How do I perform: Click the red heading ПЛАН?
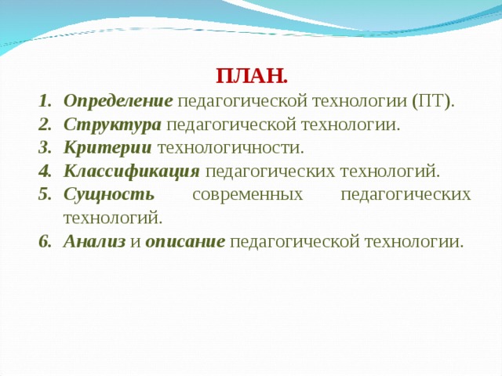[x=252, y=77]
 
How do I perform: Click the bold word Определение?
[x=118, y=102]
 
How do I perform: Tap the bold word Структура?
[x=112, y=125]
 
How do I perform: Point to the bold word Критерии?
[x=107, y=148]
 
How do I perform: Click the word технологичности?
[x=231, y=148]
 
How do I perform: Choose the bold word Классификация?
[x=132, y=172]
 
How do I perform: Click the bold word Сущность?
[x=109, y=195]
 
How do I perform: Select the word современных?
[x=248, y=195]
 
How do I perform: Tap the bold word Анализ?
[x=94, y=241]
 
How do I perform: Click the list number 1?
[x=45, y=102]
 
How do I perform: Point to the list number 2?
[x=45, y=125]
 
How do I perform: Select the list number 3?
[x=45, y=148]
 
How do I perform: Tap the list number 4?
[x=45, y=172]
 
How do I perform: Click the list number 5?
[x=45, y=195]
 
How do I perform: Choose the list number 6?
[x=45, y=241]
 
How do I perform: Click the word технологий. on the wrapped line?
[x=113, y=219]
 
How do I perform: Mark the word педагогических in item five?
[x=406, y=195]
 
